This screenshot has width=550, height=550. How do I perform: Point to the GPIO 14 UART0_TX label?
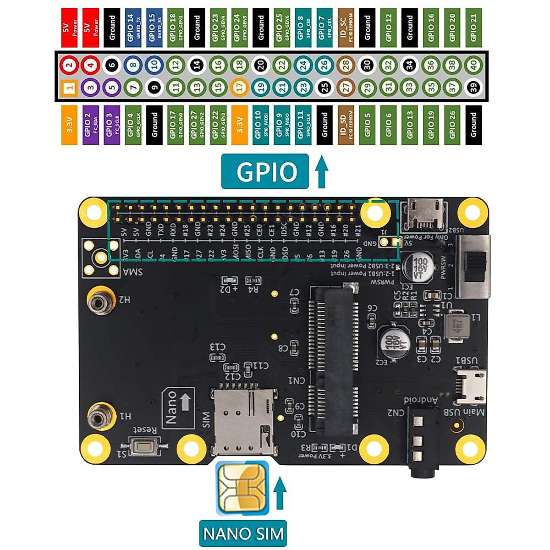(133, 27)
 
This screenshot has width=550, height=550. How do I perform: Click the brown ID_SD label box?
(346, 125)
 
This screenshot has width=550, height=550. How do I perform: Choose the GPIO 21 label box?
(474, 27)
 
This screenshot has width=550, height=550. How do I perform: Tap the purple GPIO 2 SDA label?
(90, 125)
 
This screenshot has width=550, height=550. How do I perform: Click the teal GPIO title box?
(265, 171)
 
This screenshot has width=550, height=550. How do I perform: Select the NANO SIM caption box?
(243, 533)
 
